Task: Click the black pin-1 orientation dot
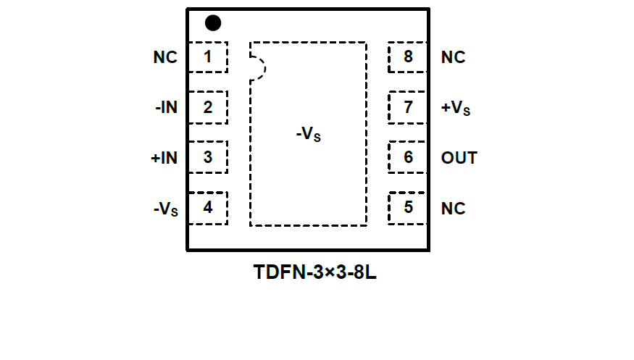(x=212, y=23)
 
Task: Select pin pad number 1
(x=208, y=57)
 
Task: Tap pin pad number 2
(x=208, y=108)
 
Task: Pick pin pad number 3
(x=208, y=157)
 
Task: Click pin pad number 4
(x=208, y=208)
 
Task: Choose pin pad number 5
(x=408, y=208)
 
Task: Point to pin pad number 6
(x=408, y=157)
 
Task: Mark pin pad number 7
(x=408, y=108)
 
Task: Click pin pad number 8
(x=408, y=57)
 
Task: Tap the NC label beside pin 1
(x=165, y=57)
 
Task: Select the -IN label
(x=166, y=108)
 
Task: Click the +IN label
(x=164, y=157)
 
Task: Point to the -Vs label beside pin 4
(x=166, y=209)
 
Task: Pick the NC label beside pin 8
(x=453, y=57)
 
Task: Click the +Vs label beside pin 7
(x=456, y=109)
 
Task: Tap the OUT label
(x=459, y=157)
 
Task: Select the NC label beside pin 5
(x=453, y=208)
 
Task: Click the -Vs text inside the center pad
(x=308, y=135)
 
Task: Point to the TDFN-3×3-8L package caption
(x=315, y=273)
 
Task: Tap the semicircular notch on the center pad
(x=258, y=68)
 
